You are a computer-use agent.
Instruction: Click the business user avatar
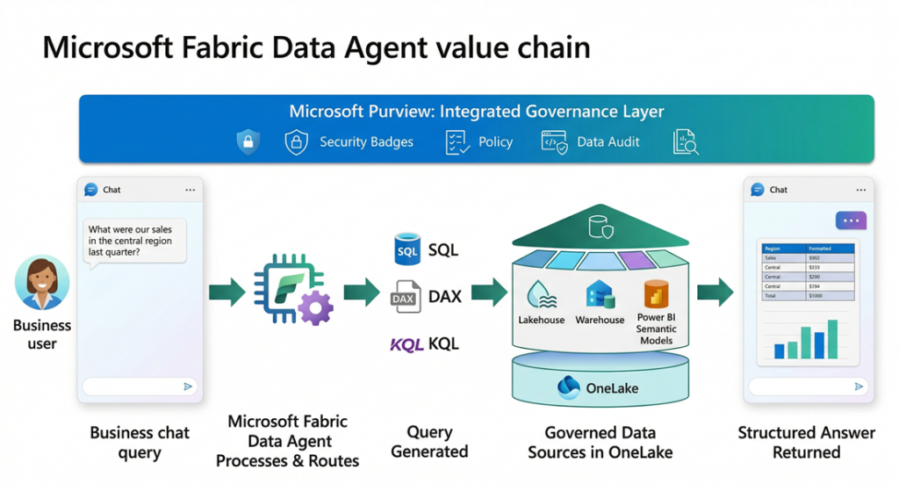[x=41, y=283]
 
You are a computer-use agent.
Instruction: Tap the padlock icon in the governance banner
[x=248, y=141]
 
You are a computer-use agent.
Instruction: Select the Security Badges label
[x=366, y=141]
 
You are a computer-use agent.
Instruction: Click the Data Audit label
[x=608, y=141]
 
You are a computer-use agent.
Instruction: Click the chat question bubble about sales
[x=135, y=240]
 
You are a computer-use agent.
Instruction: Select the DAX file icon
[x=405, y=297]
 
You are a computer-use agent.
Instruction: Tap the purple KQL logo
[x=407, y=344]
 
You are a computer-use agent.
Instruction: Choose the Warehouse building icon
[x=601, y=294]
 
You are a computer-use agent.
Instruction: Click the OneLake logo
[x=570, y=387]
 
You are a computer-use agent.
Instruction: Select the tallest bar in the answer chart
[x=832, y=338]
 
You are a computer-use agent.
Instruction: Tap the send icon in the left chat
[x=188, y=386]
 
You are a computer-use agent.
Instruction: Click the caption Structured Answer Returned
[x=806, y=442]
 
